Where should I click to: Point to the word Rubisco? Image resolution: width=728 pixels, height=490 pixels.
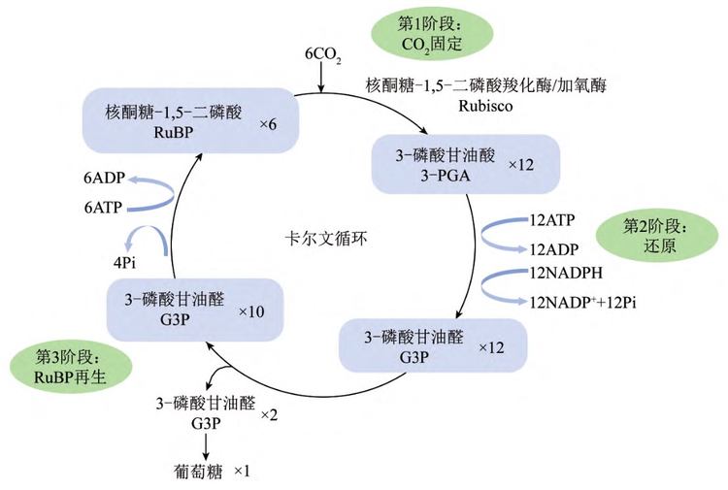pos(485,106)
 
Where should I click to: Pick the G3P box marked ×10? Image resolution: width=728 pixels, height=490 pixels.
pos(194,309)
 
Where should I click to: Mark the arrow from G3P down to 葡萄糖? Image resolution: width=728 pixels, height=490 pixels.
pos(205,445)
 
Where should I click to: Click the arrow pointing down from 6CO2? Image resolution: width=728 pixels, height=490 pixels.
pos(321,78)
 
